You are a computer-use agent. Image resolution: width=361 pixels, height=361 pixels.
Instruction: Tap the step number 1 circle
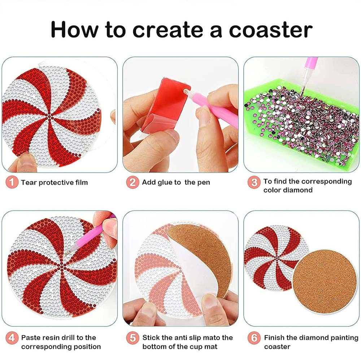click(12, 182)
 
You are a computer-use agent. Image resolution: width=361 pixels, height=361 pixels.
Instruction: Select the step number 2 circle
click(132, 182)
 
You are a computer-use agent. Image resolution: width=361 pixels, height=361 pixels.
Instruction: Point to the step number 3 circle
click(254, 182)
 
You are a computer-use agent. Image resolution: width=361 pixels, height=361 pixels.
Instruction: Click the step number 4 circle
click(12, 338)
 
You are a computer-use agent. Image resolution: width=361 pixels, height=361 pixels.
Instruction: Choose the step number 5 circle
click(132, 338)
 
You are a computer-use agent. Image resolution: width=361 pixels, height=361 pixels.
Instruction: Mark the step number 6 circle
click(254, 338)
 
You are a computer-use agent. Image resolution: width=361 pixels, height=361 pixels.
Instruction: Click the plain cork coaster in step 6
click(325, 282)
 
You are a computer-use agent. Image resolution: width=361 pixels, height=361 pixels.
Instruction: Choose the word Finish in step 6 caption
click(274, 338)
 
